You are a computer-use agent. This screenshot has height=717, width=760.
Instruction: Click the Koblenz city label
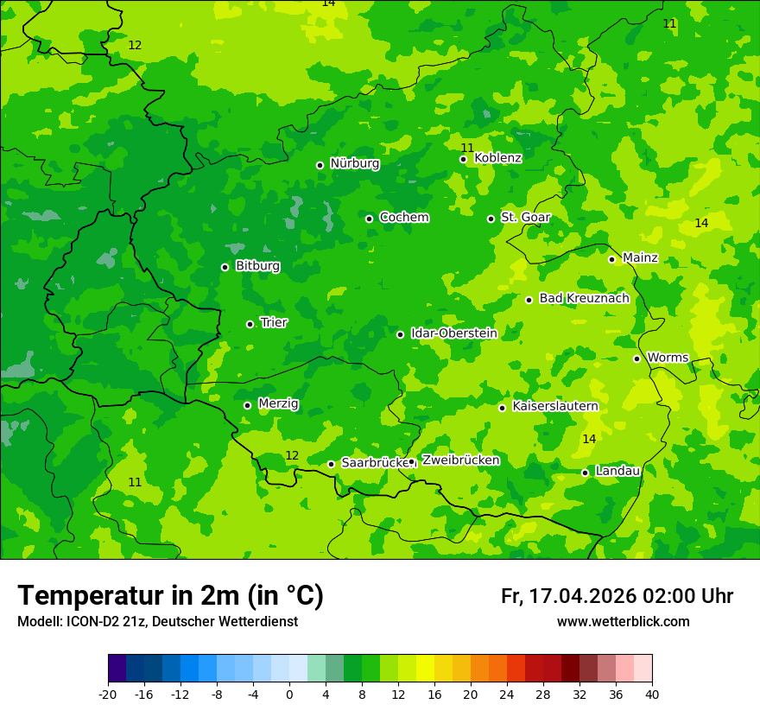pyautogui.click(x=497, y=158)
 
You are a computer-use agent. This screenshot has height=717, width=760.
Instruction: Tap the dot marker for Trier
pyautogui.click(x=250, y=324)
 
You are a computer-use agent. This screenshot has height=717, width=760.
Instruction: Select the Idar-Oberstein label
pyautogui.click(x=453, y=333)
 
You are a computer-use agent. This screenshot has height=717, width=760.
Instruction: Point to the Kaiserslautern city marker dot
pyautogui.click(x=502, y=408)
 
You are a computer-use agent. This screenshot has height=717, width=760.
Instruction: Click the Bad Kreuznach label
pyautogui.click(x=584, y=298)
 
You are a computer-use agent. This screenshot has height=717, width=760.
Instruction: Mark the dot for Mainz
pyautogui.click(x=611, y=259)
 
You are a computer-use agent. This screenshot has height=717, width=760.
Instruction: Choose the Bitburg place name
pyautogui.click(x=257, y=266)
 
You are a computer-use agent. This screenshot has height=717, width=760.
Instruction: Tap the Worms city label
pyautogui.click(x=668, y=358)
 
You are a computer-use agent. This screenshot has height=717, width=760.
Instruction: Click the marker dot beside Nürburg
pyautogui.click(x=320, y=165)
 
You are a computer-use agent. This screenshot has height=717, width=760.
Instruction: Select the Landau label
pyautogui.click(x=617, y=471)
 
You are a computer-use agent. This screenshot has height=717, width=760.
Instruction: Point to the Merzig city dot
pyautogui.click(x=247, y=405)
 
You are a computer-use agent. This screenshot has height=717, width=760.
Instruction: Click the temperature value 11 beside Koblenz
pyautogui.click(x=467, y=148)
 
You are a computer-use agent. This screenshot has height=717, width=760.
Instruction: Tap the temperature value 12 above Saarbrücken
pyautogui.click(x=292, y=455)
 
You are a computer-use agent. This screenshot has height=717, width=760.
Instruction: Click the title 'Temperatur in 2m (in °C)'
pyautogui.click(x=170, y=596)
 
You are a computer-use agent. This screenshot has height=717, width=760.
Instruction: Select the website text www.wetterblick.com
pyautogui.click(x=623, y=622)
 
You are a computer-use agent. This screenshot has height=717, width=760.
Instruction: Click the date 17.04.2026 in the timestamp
pyautogui.click(x=582, y=596)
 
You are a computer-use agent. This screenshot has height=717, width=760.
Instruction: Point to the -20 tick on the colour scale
pyautogui.click(x=108, y=695)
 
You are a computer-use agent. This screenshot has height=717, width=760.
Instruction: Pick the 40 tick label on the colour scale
pyautogui.click(x=652, y=695)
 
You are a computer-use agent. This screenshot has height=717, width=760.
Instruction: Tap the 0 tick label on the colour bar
pyautogui.click(x=289, y=695)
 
